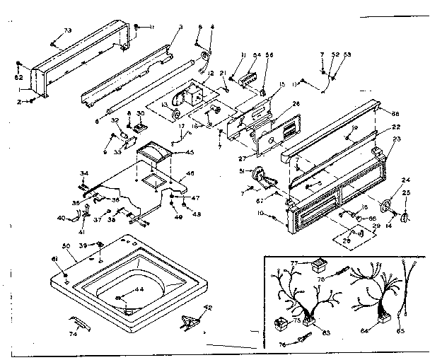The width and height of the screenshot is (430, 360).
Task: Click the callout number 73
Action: coord(68,30)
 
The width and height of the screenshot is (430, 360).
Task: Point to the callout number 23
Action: coord(396,139)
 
